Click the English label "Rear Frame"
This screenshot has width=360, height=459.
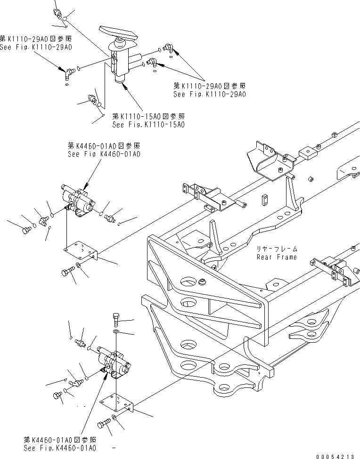[277, 257]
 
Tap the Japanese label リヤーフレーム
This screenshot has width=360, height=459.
[277, 249]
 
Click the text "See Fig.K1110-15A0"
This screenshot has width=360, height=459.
[148, 125]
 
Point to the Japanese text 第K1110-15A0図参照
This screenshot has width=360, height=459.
[148, 116]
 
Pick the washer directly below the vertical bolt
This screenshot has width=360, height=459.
[116, 332]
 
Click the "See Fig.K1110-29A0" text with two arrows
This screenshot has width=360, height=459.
[210, 94]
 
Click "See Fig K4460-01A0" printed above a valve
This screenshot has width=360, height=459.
[104, 154]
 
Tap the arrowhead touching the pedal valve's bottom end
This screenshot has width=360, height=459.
[125, 87]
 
